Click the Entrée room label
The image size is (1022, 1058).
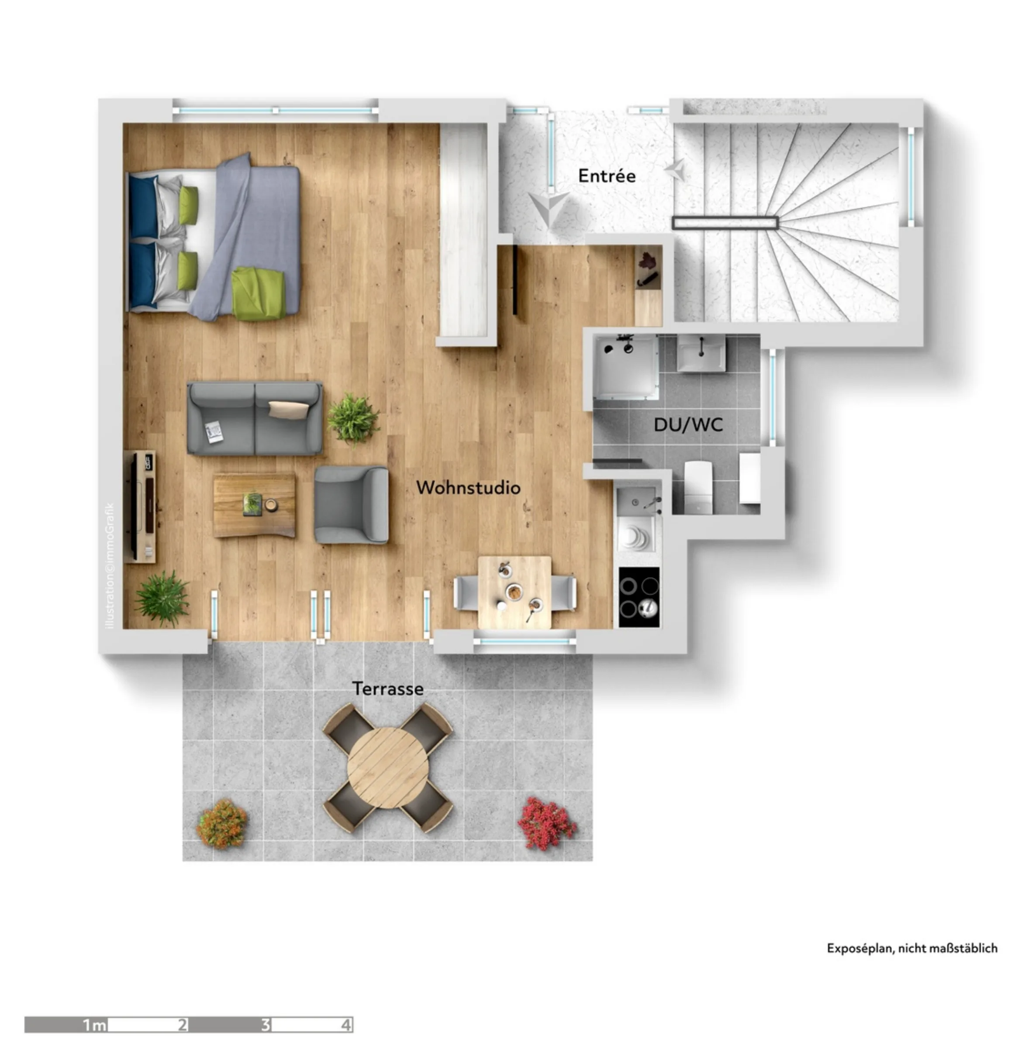click(x=606, y=176)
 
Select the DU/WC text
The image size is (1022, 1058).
click(x=688, y=424)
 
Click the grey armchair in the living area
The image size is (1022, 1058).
click(x=351, y=504)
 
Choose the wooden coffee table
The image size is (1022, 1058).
click(x=254, y=505)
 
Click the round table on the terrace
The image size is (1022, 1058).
click(x=388, y=767)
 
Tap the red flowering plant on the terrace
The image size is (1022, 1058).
click(x=546, y=823)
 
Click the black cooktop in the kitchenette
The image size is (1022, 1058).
click(x=639, y=596)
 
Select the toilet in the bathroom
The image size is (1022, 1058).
click(x=697, y=487)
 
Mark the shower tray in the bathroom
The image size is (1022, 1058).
click(x=626, y=366)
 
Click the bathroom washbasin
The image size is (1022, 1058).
click(x=701, y=353)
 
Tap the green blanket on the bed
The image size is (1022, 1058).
click(x=258, y=294)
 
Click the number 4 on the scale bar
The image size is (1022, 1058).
click(x=345, y=1024)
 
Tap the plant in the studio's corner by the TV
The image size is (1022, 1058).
click(x=162, y=598)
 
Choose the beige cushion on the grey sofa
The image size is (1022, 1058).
click(x=288, y=409)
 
